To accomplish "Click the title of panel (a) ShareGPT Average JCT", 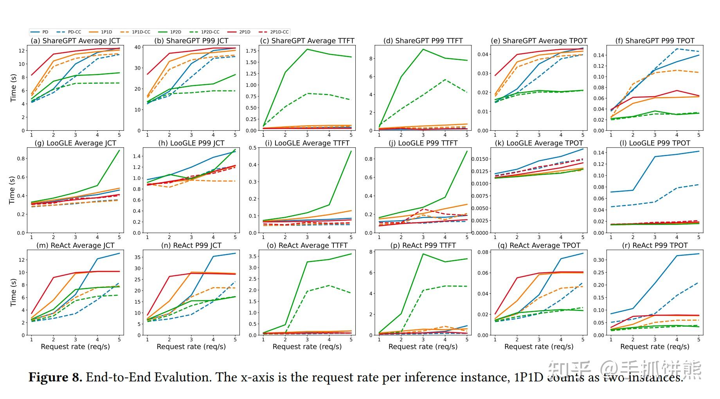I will pyautogui.click(x=76, y=41).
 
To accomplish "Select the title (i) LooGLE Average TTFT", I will pyautogui.click(x=307, y=143).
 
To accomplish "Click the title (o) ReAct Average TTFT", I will pyautogui.click(x=307, y=246).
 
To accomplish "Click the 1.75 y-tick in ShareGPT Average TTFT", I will pyautogui.click(x=251, y=51).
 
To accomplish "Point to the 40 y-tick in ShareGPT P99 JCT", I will pyautogui.click(x=138, y=47).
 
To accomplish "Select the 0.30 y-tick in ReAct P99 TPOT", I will pyautogui.click(x=599, y=260).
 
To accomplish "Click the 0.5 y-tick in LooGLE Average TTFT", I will pyautogui.click(x=253, y=148).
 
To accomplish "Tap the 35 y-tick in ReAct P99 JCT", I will pyautogui.click(x=138, y=257).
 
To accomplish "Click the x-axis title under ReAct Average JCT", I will pyautogui.click(x=76, y=347).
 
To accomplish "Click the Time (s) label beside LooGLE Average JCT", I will pyautogui.click(x=12, y=190).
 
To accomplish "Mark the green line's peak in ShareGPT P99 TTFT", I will pyautogui.click(x=423, y=49).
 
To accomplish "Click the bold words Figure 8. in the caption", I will pyautogui.click(x=55, y=377).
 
